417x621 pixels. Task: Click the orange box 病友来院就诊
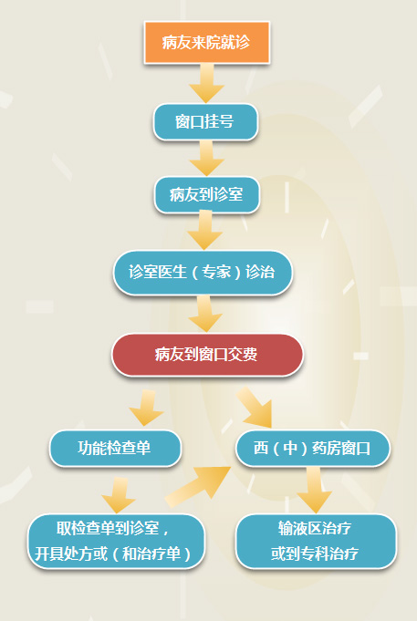(x=206, y=42)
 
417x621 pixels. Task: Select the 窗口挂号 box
(x=205, y=122)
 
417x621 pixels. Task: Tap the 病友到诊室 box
(x=206, y=194)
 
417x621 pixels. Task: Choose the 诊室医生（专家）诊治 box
(x=203, y=273)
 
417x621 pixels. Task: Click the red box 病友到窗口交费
(x=207, y=355)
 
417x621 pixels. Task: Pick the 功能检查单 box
(x=115, y=449)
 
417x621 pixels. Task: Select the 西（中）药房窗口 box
(x=313, y=449)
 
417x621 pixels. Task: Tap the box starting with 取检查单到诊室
(x=116, y=541)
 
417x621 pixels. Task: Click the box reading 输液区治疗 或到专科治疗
(x=316, y=541)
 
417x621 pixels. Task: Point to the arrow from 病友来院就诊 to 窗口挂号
(x=206, y=83)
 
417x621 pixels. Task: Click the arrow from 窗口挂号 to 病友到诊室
(x=206, y=159)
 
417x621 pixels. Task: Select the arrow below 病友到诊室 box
(x=205, y=231)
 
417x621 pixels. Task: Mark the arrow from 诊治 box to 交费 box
(x=205, y=314)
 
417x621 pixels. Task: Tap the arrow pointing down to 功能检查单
(x=146, y=408)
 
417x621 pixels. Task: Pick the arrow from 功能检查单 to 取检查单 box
(x=119, y=495)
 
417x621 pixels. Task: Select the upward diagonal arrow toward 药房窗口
(x=198, y=486)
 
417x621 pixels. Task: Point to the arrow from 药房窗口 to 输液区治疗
(x=314, y=490)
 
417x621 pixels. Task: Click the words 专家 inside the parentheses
(x=216, y=273)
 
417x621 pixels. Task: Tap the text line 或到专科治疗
(x=315, y=554)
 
